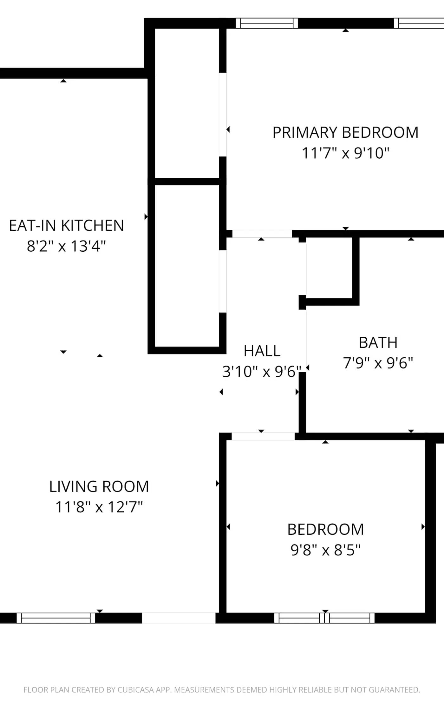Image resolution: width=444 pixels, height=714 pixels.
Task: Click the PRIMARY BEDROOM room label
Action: tap(345, 133)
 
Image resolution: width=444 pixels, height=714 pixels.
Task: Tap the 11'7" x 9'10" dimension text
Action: tap(345, 153)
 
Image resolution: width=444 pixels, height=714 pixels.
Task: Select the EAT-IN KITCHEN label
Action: tap(66, 226)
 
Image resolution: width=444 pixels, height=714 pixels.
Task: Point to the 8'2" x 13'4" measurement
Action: tap(66, 246)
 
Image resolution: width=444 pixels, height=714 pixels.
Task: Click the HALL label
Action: tap(262, 351)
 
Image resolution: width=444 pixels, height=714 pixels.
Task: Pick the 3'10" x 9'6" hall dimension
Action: tap(262, 372)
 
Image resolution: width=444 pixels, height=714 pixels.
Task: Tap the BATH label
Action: tap(378, 343)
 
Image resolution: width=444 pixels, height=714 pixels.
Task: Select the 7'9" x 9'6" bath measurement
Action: tap(378, 363)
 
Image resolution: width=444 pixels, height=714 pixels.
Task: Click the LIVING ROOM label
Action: tap(99, 486)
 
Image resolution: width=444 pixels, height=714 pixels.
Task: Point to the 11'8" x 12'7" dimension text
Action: tap(99, 507)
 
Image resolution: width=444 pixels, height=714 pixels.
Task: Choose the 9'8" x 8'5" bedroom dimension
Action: tap(325, 550)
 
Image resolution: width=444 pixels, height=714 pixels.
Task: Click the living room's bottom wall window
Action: tap(56, 618)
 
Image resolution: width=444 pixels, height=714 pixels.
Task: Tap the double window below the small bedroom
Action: tap(324, 618)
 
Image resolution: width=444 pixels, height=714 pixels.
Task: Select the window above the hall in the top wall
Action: tap(267, 23)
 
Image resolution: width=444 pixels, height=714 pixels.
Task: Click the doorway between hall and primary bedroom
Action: tap(262, 234)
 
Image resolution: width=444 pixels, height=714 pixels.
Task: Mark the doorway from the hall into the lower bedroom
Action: tap(263, 436)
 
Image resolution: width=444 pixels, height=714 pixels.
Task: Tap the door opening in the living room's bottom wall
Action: tap(179, 618)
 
